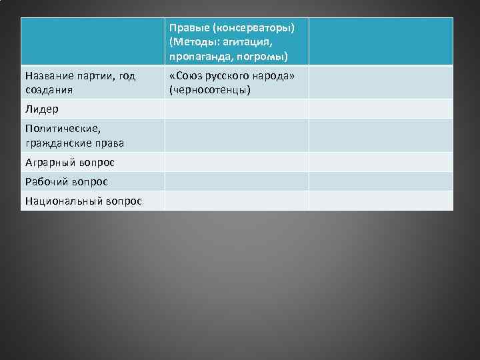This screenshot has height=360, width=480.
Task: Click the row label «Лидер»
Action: point(41,109)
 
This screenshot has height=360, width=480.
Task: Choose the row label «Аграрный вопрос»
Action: point(69,163)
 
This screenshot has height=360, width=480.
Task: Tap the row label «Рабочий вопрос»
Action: point(66,181)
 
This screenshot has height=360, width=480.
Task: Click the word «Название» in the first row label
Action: point(49,76)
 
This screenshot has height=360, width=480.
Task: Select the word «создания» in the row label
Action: point(48,89)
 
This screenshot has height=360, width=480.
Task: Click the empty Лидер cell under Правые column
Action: point(237,109)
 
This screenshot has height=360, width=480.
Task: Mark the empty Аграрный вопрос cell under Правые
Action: point(237,163)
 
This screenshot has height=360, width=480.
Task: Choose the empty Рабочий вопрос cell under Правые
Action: point(237,181)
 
